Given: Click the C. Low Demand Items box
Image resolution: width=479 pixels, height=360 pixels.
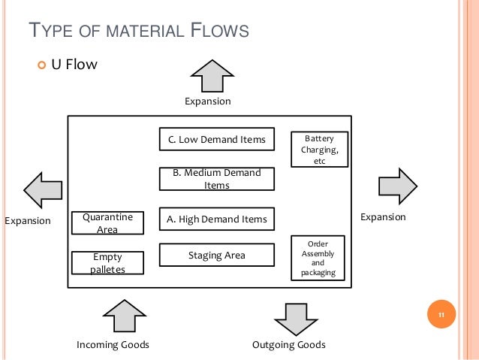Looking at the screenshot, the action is coord(217,139).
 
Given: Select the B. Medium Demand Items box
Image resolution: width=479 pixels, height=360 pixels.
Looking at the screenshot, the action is coord(217,179).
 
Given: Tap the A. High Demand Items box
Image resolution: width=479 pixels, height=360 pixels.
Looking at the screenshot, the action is coord(217,219).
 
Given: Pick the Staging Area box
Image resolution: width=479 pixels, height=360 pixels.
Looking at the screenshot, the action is coord(217,255).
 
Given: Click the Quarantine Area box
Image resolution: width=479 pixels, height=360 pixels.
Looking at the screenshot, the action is coord(107,223).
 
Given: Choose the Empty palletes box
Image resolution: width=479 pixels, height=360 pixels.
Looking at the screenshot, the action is coord(107,263).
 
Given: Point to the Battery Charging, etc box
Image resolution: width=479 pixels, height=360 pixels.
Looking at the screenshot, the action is coord(320,150).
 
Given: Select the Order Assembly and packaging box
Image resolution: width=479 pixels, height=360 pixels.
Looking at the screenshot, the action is coord(318,258).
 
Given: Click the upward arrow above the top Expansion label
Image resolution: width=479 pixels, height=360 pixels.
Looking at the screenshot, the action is coord(212,76).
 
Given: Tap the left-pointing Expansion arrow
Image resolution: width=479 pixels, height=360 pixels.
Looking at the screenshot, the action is coord(43,190).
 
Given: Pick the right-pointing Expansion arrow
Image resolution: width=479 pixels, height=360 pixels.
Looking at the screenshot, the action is coord(398,186).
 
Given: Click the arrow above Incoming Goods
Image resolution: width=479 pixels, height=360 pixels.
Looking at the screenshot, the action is coord(125,316).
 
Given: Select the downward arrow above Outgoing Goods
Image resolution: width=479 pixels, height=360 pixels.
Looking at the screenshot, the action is coord(296,319).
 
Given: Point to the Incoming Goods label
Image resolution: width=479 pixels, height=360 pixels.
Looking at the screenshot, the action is coord(113,345).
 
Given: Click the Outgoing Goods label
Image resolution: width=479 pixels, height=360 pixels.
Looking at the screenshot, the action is coord(289,345).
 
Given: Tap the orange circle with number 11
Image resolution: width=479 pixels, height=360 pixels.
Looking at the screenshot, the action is coord(441,314).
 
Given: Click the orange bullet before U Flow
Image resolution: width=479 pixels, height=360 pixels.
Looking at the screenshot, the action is coord(41,65).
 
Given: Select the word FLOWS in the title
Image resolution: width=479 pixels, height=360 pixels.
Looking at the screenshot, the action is coord(220,30).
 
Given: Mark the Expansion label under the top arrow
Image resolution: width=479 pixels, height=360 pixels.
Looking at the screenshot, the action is coord(208,101).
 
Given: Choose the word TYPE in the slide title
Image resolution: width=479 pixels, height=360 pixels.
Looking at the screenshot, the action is coord(51,30).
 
